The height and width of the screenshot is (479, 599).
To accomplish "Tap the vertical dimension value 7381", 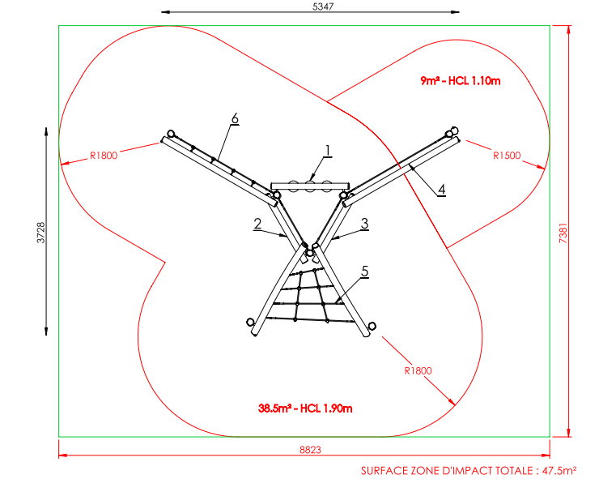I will pos(580,230).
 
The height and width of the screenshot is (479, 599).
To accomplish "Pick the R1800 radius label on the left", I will pos(104,156).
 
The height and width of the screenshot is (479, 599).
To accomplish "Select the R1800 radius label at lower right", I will pos(418,370).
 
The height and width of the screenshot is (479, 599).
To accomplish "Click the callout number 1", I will pos(328,150).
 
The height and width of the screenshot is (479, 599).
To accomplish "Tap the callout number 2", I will pos(257,225).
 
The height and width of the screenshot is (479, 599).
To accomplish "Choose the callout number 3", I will pos(365,223).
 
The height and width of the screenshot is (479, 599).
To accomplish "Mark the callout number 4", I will pos(441,190).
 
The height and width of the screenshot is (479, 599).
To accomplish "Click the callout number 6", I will pos(235,118).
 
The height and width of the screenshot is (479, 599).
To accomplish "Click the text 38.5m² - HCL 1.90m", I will pos(306,408).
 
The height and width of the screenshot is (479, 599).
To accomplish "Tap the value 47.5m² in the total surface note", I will pos(559,470).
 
